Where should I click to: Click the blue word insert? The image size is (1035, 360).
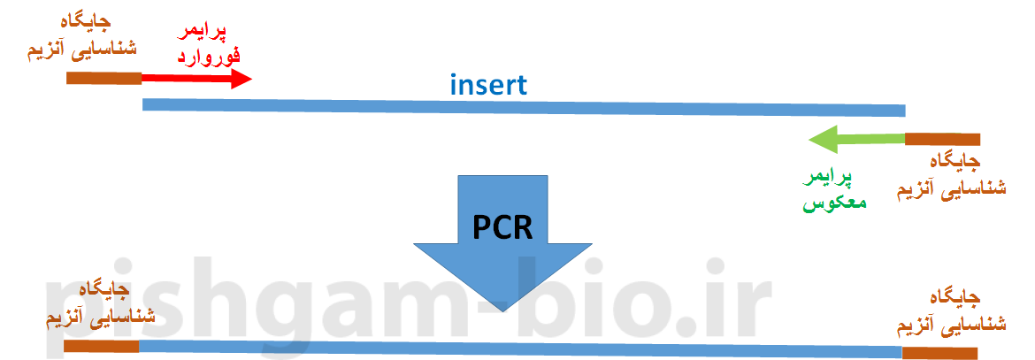point(487,86)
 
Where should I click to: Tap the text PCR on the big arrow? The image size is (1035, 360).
point(502,226)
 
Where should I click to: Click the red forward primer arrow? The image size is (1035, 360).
point(190,78)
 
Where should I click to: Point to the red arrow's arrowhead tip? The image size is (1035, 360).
point(250,78)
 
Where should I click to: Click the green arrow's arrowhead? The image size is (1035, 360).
point(822,139)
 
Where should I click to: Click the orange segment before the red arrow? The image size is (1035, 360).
point(103,78)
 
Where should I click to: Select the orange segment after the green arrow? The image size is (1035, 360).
point(942,139)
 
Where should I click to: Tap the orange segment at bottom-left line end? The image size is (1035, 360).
point(101,346)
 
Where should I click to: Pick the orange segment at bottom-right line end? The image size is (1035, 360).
point(940,353)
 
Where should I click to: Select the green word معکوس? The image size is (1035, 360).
point(833,203)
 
